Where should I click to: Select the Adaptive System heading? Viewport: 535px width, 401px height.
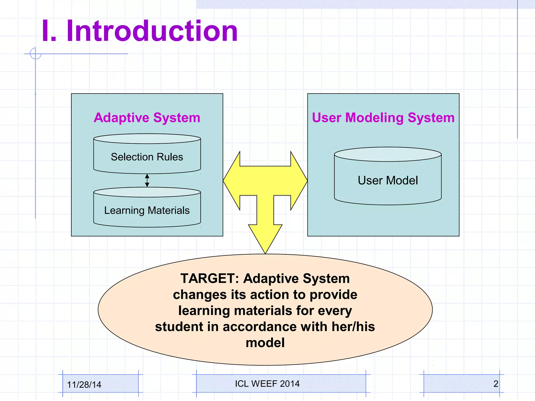coord(147,117)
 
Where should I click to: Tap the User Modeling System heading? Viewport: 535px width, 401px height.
coord(383,117)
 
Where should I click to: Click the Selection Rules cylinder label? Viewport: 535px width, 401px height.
coord(147,157)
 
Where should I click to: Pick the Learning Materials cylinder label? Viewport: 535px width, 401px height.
coord(147,210)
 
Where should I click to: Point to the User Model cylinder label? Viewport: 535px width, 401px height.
coord(388,180)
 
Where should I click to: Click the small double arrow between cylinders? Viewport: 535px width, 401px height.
coord(147,180)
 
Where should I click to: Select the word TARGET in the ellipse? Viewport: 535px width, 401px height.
coord(208,279)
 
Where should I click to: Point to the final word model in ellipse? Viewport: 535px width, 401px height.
coord(265,343)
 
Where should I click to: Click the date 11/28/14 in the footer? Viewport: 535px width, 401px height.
coord(84,385)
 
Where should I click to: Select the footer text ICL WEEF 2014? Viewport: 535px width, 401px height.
coord(267,384)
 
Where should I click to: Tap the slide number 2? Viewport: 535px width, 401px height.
coord(496,384)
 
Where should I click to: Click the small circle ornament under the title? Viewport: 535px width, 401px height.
coord(36,54)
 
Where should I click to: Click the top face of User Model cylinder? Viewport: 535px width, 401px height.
coord(388,154)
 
